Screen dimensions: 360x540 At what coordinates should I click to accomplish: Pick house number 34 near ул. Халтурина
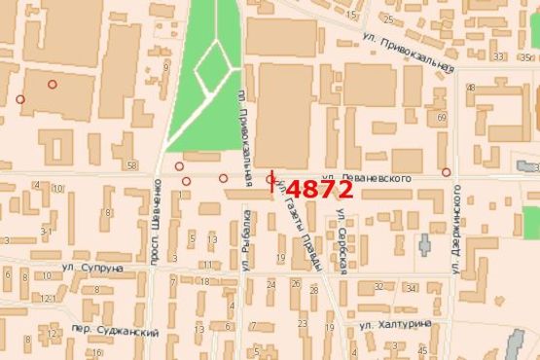tap(412, 288)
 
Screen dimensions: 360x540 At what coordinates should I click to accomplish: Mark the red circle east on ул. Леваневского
tap(446, 172)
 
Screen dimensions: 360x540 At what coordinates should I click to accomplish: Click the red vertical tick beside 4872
tap(273, 182)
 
